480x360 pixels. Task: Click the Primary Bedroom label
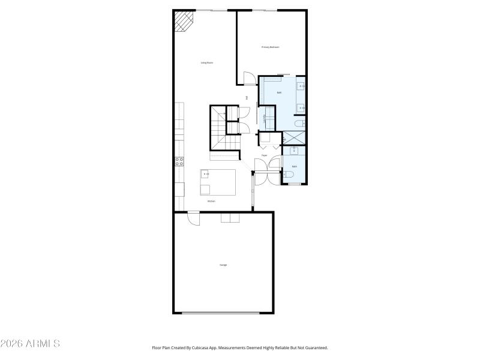click(x=270, y=47)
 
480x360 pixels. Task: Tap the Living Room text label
click(x=207, y=62)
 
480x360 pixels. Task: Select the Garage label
click(x=223, y=265)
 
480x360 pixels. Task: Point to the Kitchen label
click(x=211, y=201)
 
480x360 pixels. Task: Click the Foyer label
click(x=264, y=155)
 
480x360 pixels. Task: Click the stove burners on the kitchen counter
click(x=179, y=160)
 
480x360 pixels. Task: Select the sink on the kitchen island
click(x=206, y=174)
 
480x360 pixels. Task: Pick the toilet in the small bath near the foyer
click(x=289, y=175)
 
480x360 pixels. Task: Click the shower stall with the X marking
click(x=294, y=137)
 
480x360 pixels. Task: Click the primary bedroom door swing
click(x=247, y=78)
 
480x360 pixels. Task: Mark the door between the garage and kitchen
click(x=194, y=218)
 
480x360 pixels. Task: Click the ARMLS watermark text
click(x=30, y=344)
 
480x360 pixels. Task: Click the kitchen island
click(x=218, y=182)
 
